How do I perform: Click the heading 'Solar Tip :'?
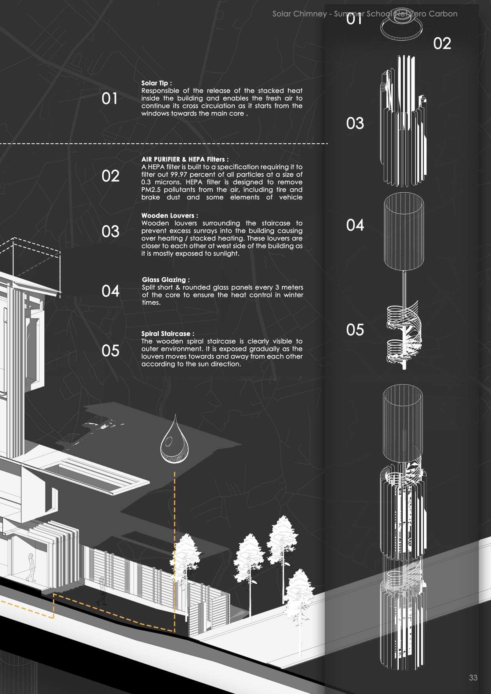tap(156, 83)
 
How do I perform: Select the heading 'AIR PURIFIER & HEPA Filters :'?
tap(185, 159)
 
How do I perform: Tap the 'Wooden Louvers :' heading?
tap(169, 216)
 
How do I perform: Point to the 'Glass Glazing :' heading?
tap(166, 280)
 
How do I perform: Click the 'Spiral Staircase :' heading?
tap(168, 334)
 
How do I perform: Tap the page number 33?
tap(473, 677)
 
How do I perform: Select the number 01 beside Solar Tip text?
tap(110, 99)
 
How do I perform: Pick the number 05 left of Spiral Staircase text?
tap(110, 351)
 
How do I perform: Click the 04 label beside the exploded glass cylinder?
tap(355, 226)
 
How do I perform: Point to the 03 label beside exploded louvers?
tap(355, 123)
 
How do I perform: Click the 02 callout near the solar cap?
tap(442, 44)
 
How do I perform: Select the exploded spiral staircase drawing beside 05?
tap(402, 332)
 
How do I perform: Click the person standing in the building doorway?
tap(31, 567)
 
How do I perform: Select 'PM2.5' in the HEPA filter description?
tap(150, 190)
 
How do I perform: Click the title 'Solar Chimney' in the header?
tap(299, 14)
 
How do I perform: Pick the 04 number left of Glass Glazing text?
tap(110, 291)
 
